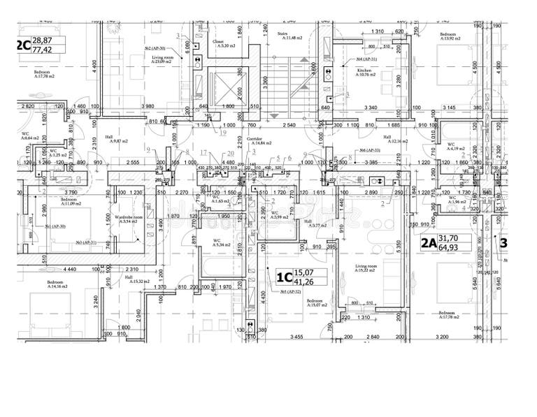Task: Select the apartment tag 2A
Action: click(428, 244)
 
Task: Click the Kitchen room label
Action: click(364, 71)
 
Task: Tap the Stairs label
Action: click(283, 33)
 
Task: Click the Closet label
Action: click(218, 42)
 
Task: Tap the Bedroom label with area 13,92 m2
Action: click(448, 35)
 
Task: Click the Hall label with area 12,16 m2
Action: click(387, 138)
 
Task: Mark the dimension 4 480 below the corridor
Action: click(228, 163)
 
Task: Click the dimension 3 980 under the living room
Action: click(148, 106)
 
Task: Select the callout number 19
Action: click(224, 131)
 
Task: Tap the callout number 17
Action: click(203, 152)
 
